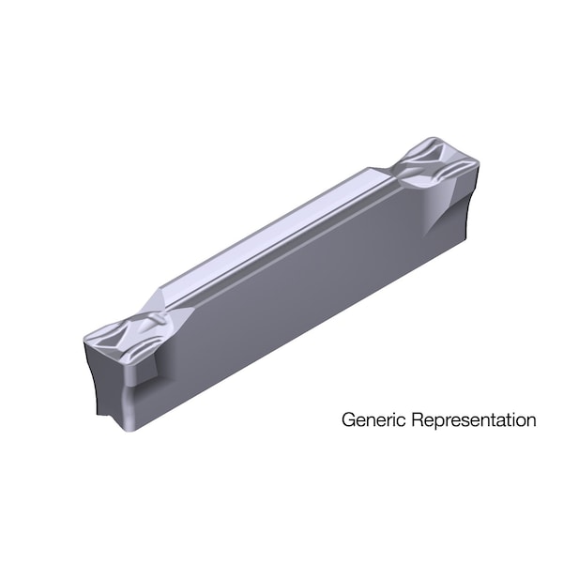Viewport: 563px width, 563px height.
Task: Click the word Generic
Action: pyautogui.click(x=370, y=419)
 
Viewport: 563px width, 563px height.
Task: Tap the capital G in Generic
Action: pyautogui.click(x=348, y=418)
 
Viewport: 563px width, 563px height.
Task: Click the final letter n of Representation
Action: pyautogui.click(x=531, y=420)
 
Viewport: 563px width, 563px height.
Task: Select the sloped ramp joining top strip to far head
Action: pyautogui.click(x=385, y=178)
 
